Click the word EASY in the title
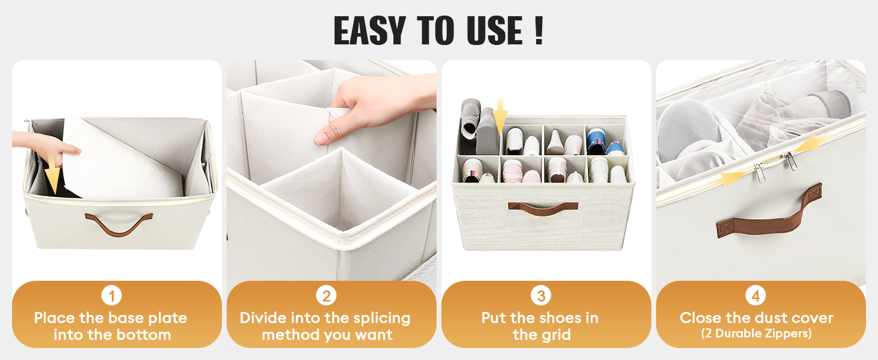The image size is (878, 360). pyautogui.click(x=369, y=31)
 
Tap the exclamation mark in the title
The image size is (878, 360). pyautogui.click(x=539, y=31)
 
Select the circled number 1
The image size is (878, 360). pyautogui.click(x=112, y=295)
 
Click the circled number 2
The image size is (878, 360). pyautogui.click(x=326, y=295)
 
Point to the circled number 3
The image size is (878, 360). pyautogui.click(x=541, y=295)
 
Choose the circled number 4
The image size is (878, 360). pyautogui.click(x=756, y=295)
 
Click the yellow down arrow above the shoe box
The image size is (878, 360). pyautogui.click(x=500, y=115)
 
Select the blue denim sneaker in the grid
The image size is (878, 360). pyautogui.click(x=603, y=142)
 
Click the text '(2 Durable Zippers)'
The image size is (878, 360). pyautogui.click(x=756, y=334)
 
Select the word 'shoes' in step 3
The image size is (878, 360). pyautogui.click(x=555, y=318)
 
